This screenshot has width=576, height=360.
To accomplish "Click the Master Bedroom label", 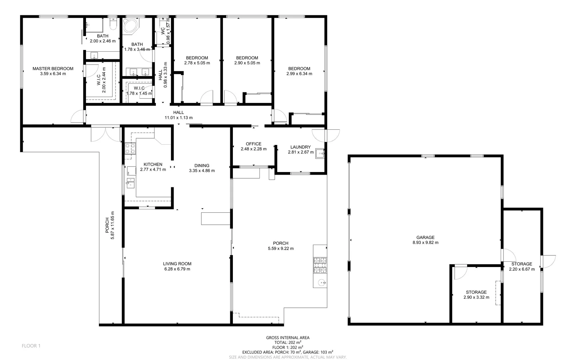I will pos(53,69).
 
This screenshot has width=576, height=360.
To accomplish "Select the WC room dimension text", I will pos(169,31).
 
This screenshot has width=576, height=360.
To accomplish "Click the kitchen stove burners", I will pos(130,148).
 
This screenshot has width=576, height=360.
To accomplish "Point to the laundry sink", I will pos(320,153).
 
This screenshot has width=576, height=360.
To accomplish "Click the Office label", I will pos(254,144).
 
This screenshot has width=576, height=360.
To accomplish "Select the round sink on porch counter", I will pos(322,283).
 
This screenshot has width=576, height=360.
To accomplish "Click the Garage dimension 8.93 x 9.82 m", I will pos(425,243).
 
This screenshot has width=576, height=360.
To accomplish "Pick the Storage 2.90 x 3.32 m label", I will pos(476,292).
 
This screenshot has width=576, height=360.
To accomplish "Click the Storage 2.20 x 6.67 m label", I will pos(522,264).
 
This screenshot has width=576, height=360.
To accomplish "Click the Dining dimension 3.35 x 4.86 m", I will pos(202,171).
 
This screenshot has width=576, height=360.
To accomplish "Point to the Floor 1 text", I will pos(31,346).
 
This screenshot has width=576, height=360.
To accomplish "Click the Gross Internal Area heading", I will pos(288,338).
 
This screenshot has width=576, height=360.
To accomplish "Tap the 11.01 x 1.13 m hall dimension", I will pos(179,118).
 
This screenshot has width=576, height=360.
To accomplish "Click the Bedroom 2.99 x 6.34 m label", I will pos(299,69).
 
